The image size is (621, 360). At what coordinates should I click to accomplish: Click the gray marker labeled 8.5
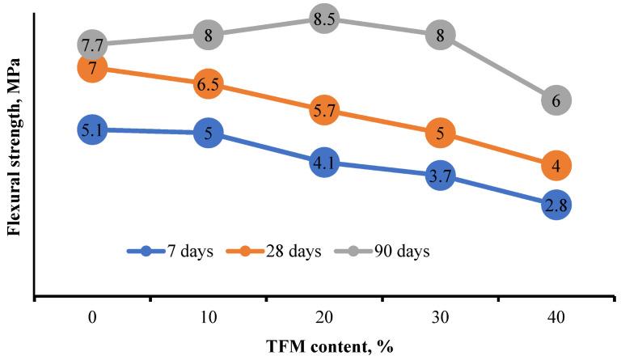point(323,18)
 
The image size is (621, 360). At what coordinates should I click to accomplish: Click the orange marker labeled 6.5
point(208,84)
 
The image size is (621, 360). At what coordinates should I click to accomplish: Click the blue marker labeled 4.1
point(323,163)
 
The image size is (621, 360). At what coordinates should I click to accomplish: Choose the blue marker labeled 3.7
point(440,175)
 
